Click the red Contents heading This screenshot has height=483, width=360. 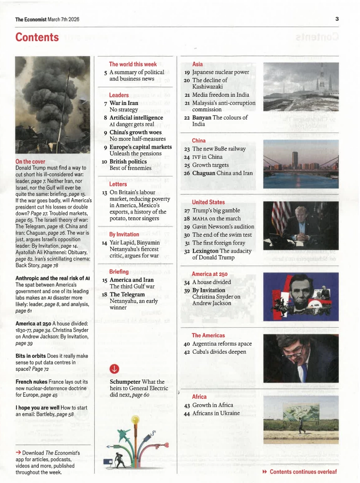coord(37,37)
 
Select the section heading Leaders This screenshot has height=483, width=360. coord(119,95)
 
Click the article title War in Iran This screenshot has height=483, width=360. coord(124,103)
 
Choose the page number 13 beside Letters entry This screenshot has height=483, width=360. coord(105,192)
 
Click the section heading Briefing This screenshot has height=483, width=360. coord(119,272)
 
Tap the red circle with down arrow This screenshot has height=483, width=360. coord(114,369)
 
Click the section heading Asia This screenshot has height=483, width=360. coord(197,64)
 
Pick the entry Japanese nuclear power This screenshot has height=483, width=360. coord(221,72)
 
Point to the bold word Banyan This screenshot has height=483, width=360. coord(201,117)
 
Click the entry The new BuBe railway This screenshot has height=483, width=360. coord(219,149)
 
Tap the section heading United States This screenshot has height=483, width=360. coord(208,202)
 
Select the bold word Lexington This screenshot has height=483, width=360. coord(205,251)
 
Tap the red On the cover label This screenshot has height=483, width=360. coord(30,161)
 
